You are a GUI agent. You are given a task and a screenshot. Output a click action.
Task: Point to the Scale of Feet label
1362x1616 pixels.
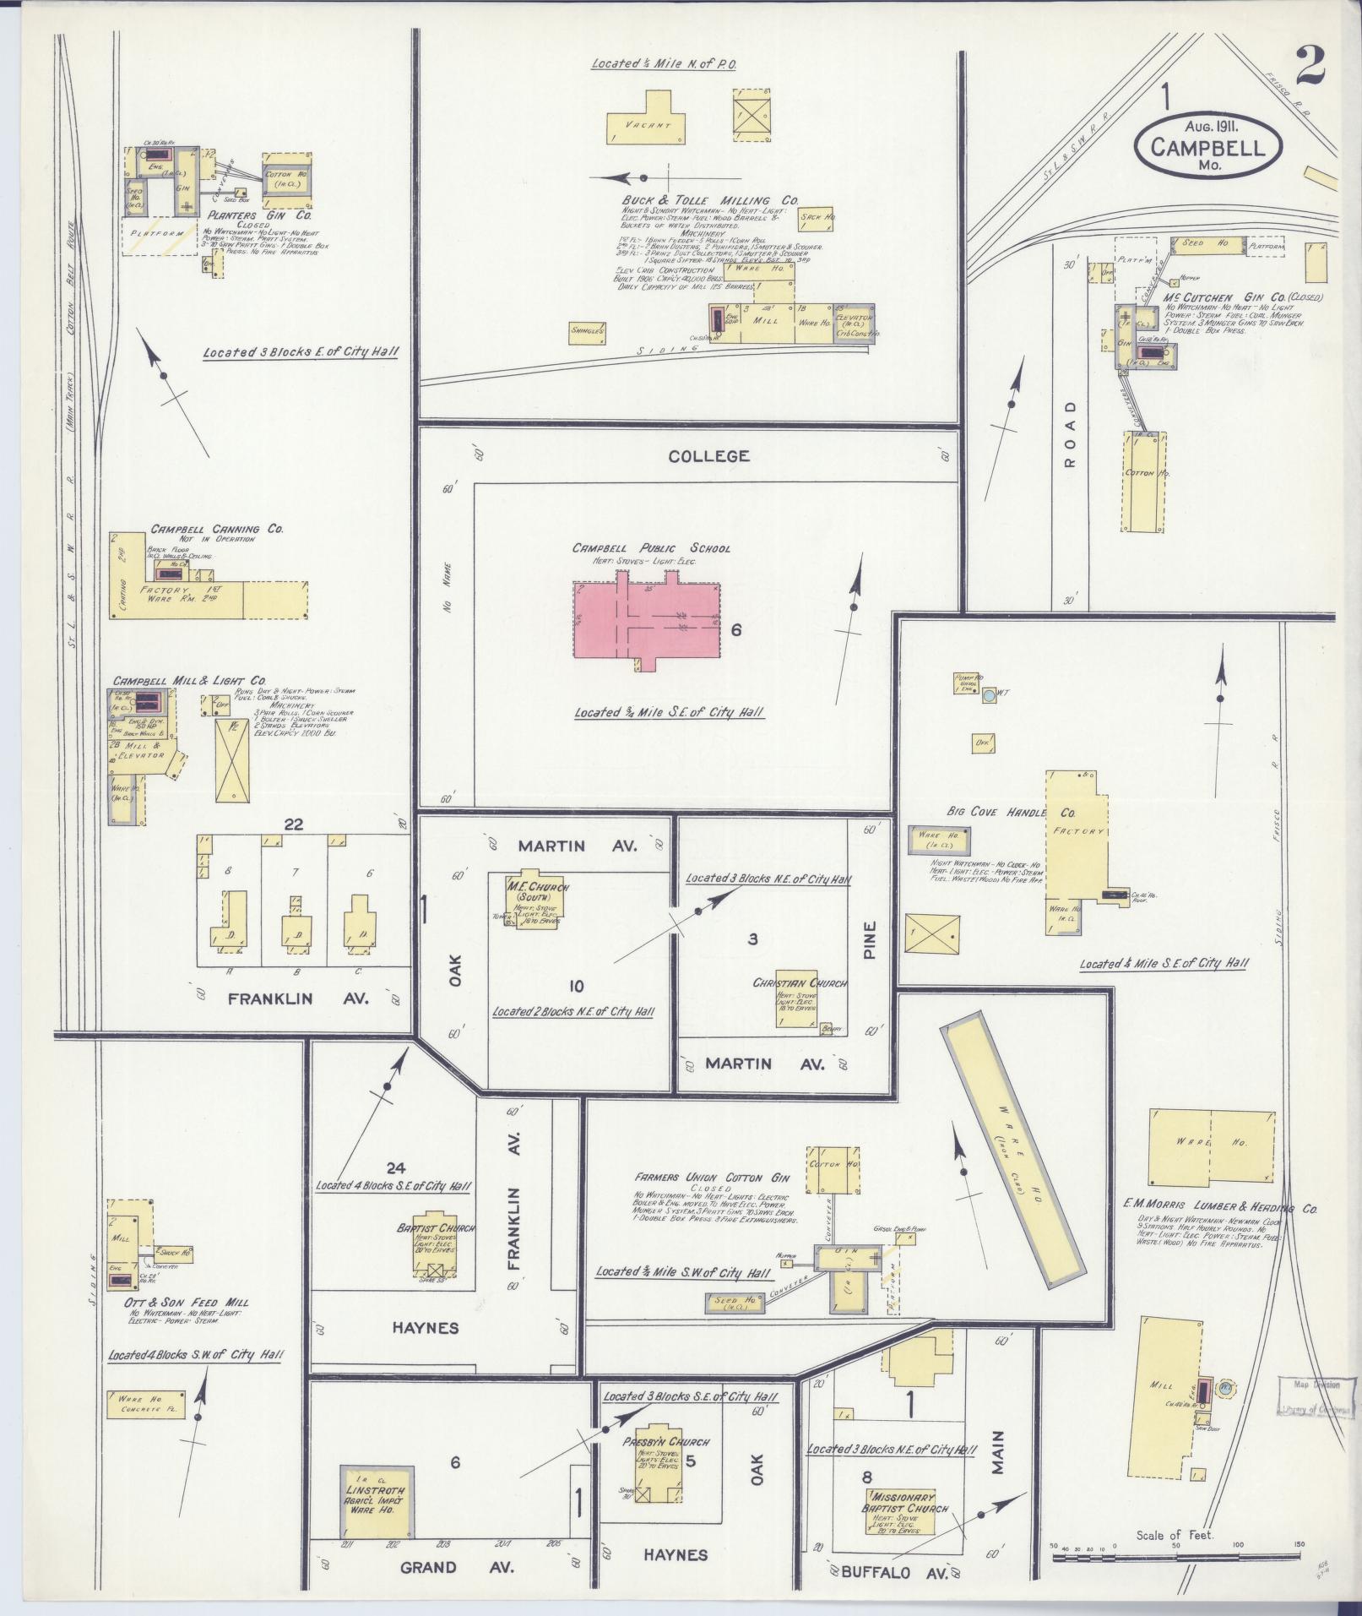(1174, 1535)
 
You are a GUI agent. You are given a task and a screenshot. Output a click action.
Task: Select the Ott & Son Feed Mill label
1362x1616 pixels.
(177, 1303)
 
